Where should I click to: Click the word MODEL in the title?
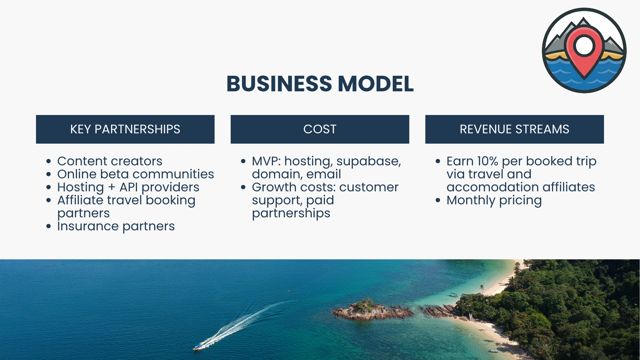coord(375,84)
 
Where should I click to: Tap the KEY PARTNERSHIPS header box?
coord(125,129)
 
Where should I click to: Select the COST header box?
coord(320,129)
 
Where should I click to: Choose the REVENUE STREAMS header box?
coord(514,129)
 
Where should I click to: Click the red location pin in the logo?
coord(584,50)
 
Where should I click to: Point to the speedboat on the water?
coord(198,347)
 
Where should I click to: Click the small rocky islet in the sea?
coord(367,310)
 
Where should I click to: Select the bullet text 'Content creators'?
coord(110,161)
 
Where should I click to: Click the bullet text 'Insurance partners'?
coord(116,226)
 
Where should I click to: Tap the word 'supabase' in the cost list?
coord(368,161)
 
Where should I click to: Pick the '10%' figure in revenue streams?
coord(487,161)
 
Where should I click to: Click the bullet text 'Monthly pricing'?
coord(494,200)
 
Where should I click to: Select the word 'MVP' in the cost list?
coord(266,161)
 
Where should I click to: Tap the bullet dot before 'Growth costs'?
coord(243,187)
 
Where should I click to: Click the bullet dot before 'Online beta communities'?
coord(49,174)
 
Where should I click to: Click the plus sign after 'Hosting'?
coord(112,187)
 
